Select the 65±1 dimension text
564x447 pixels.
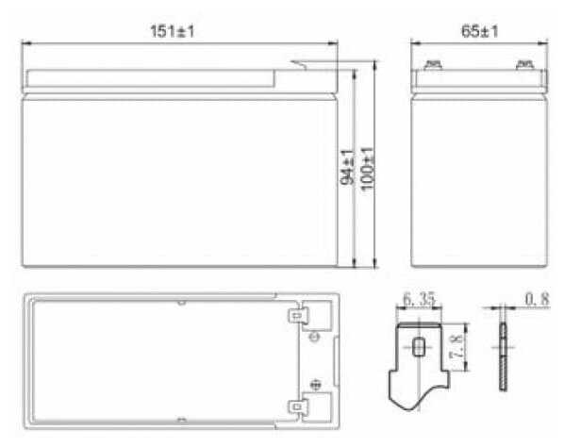pyautogui.click(x=480, y=31)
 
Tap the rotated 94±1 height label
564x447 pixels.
pyautogui.click(x=347, y=166)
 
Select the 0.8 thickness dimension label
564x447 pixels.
pyautogui.click(x=537, y=301)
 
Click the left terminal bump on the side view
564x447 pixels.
pyautogui.click(x=433, y=66)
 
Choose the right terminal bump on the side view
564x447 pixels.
pyautogui.click(x=523, y=66)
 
